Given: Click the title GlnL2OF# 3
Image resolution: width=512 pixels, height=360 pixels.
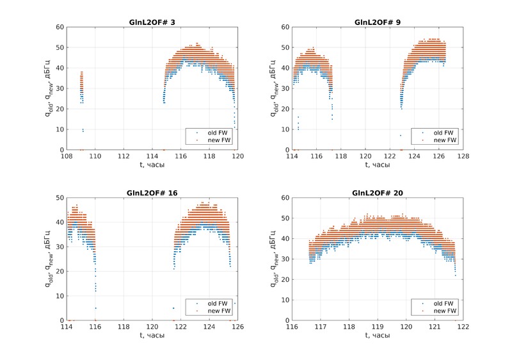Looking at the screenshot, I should [x=152, y=22].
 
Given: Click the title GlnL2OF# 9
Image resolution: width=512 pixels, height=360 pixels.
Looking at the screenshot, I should [x=378, y=22].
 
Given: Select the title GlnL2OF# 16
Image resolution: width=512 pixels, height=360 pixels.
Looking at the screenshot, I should [x=152, y=193].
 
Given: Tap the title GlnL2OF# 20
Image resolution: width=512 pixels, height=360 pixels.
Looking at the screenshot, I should [x=378, y=193].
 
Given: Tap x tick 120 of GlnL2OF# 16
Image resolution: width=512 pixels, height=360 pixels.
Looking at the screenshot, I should [x=152, y=327].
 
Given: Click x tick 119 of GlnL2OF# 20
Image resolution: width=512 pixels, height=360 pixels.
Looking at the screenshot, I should [x=378, y=327].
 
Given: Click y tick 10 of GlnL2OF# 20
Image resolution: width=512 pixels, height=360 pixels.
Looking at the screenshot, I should [x=285, y=300].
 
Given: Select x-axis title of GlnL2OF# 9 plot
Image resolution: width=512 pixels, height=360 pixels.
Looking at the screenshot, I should [x=378, y=165].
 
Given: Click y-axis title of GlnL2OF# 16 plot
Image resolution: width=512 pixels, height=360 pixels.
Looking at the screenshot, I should [x=49, y=259].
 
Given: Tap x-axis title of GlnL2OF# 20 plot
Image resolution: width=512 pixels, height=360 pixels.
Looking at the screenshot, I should [x=378, y=335].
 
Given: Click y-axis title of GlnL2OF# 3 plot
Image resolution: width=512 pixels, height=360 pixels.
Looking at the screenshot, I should [x=49, y=88].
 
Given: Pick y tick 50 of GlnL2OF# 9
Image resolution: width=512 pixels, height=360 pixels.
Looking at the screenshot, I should [x=285, y=47].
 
